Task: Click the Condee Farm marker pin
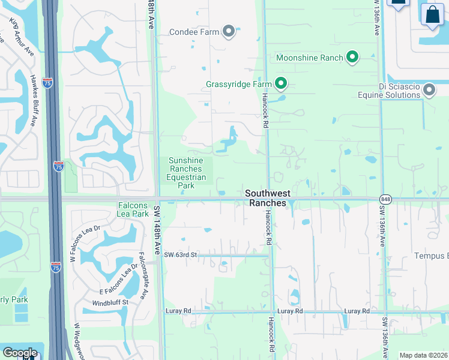point(228,32)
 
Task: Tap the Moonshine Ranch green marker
point(352,58)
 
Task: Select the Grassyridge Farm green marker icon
point(280,84)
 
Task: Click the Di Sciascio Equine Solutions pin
point(429,91)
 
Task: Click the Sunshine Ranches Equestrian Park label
point(187,173)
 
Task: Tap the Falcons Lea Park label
point(133,209)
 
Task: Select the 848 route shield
point(385,199)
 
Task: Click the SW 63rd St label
point(181,255)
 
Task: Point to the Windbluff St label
point(110,302)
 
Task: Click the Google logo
point(20,353)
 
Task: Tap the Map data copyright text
point(424,356)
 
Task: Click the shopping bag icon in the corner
point(432,14)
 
